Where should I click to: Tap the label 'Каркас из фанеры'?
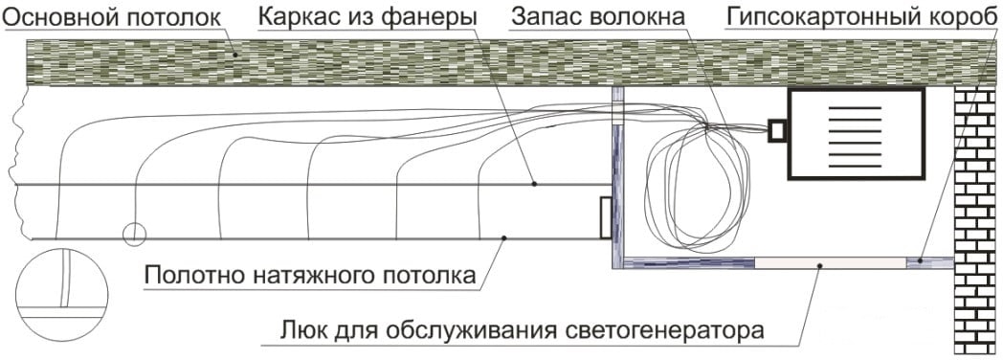coord(368,17)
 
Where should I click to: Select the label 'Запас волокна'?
coord(599,17)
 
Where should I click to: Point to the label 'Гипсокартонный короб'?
coord(861,17)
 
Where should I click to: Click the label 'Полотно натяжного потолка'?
coord(310,276)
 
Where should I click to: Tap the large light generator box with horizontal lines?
coord(857,134)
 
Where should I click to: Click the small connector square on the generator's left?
coord(777,130)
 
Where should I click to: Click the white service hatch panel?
coord(831,262)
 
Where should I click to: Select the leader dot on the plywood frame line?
coord(534,184)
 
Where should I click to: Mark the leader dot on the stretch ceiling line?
coord(504,238)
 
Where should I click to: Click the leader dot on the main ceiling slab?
coord(235,55)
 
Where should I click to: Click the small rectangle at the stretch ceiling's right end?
coord(606,217)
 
